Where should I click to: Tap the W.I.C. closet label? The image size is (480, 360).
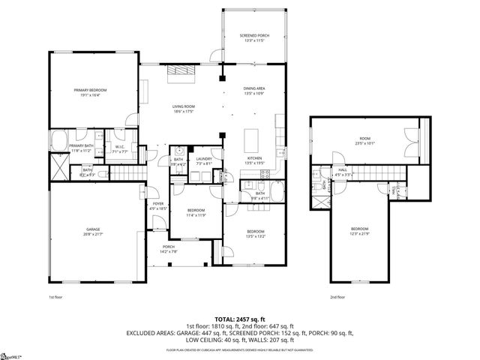point(118,148)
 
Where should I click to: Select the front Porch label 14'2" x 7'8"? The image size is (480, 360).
point(169,249)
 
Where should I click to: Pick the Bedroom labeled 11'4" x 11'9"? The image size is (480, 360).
point(196,211)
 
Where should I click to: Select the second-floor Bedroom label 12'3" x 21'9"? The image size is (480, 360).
point(360,230)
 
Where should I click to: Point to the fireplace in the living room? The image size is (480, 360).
point(181,70)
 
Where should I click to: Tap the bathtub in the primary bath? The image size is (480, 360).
point(58,139)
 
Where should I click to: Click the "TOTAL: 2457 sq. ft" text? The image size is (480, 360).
point(239,319)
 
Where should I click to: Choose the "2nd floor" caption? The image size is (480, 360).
point(337,297)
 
